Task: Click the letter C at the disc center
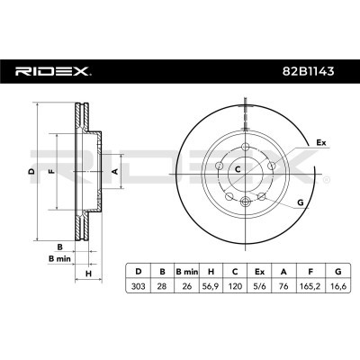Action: (238, 168)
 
